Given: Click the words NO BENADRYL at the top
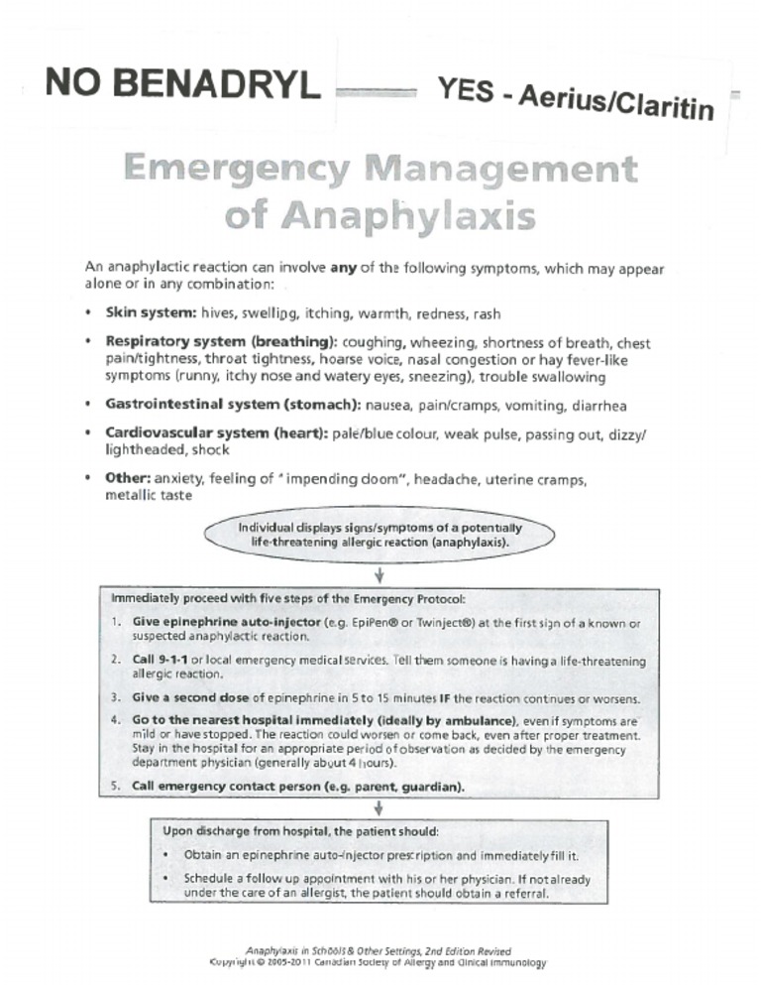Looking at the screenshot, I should [182, 84].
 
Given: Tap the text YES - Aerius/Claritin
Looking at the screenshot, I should [576, 98].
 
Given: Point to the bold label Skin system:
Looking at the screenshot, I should [151, 313].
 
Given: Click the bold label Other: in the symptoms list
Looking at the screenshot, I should [127, 479].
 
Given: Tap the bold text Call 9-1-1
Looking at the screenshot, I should [155, 660].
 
